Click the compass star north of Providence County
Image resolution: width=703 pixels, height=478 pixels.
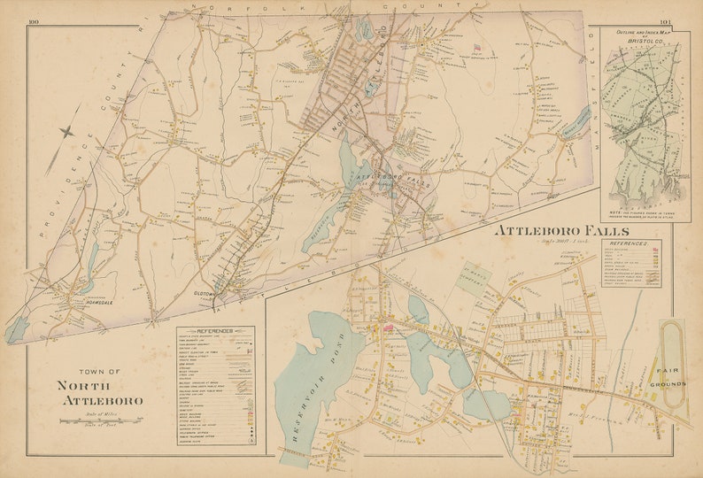click(66, 131)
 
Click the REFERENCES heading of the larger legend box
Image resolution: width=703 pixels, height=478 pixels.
click(216, 330)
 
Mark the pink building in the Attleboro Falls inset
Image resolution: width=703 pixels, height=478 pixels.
click(389, 328)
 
